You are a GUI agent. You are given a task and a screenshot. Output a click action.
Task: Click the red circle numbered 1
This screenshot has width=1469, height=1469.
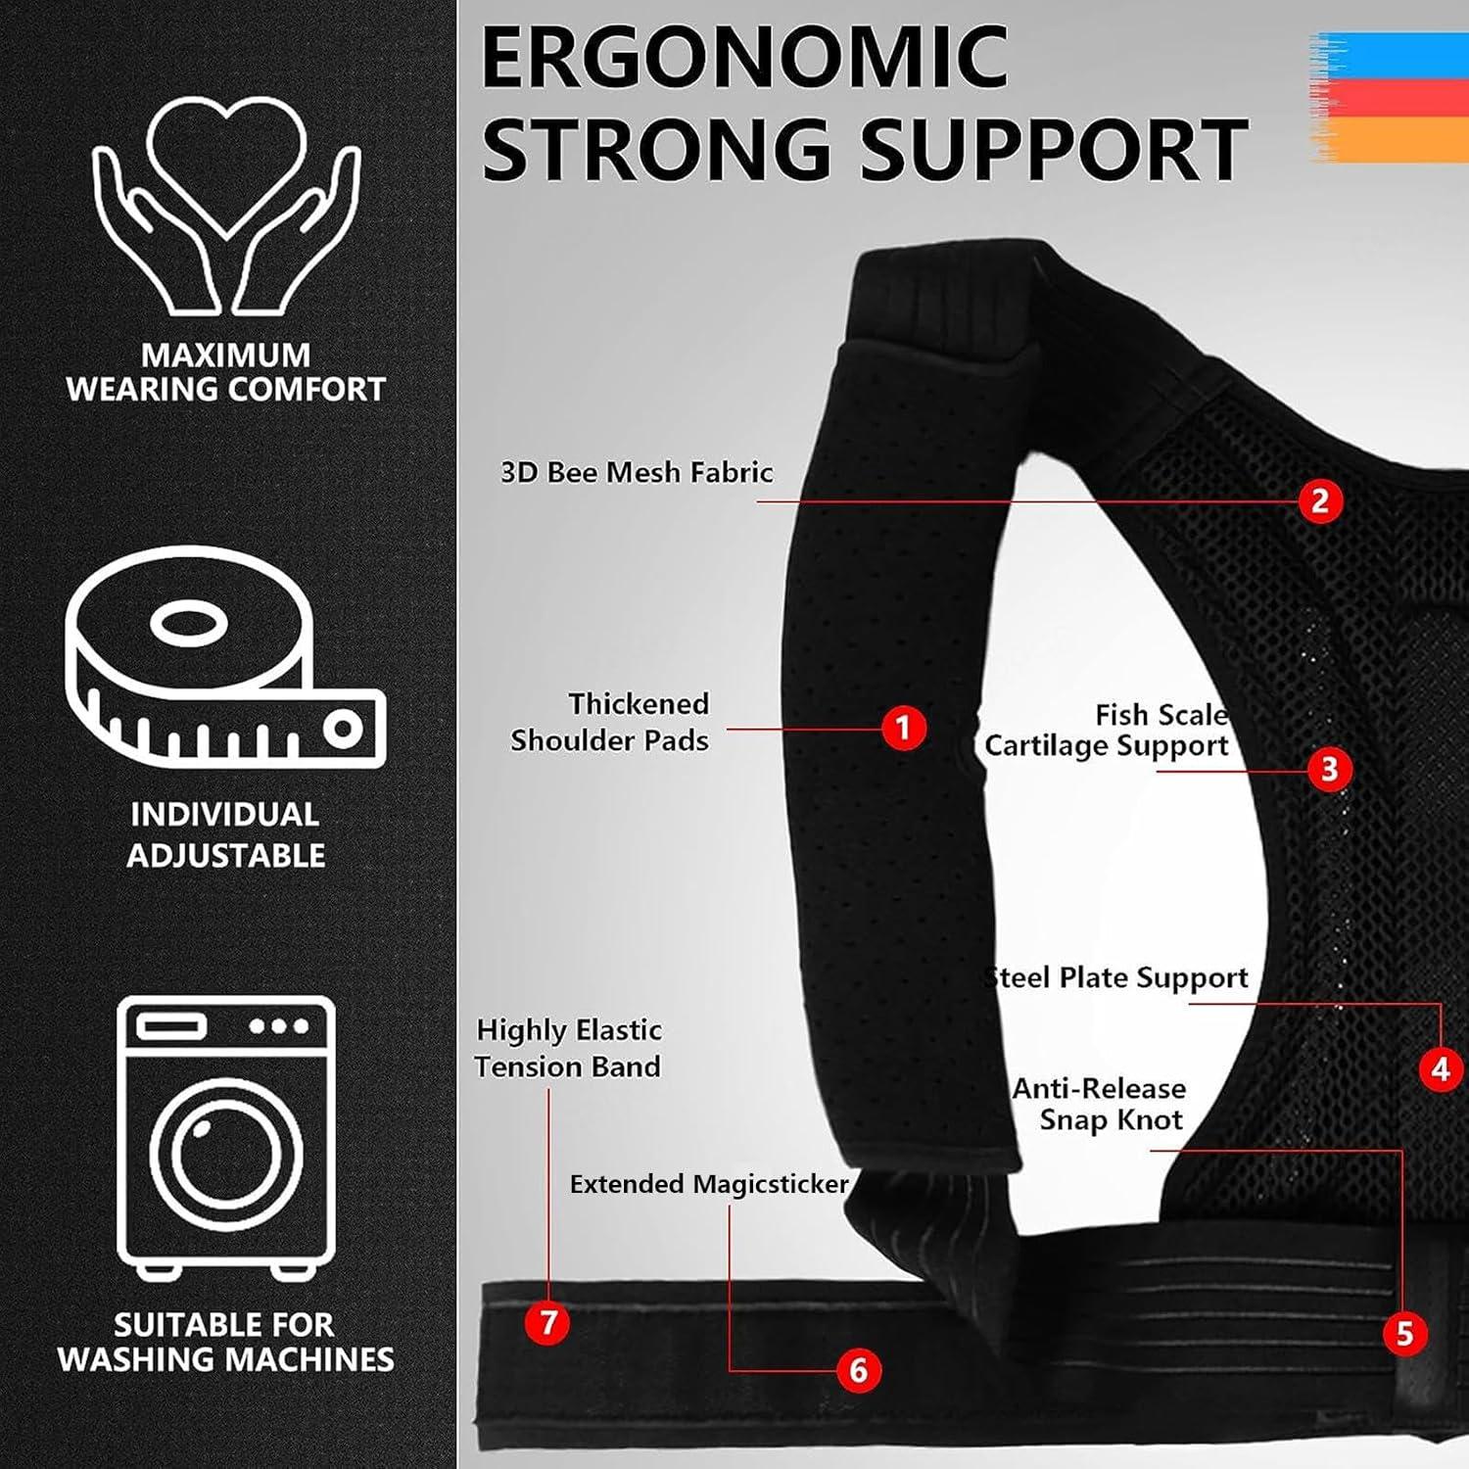click(903, 729)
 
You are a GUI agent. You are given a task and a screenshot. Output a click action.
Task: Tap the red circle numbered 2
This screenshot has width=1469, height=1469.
click(1320, 500)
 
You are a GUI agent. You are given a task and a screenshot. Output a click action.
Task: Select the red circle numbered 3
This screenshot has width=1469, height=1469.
click(1329, 769)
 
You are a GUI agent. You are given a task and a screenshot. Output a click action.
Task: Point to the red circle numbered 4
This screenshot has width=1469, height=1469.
click(1440, 1068)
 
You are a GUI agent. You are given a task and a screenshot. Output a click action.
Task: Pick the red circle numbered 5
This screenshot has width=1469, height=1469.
click(1404, 1333)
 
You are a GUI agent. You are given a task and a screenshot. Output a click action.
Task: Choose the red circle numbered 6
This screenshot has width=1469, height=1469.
click(858, 1369)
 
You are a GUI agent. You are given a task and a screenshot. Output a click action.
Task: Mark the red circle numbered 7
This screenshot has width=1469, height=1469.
click(547, 1322)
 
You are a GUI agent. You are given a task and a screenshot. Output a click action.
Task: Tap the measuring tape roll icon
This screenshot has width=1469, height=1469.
click(226, 657)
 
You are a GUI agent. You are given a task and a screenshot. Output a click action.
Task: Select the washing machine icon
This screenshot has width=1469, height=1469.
click(226, 1137)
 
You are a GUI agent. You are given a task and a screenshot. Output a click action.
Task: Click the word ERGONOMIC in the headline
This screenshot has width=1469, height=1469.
click(744, 58)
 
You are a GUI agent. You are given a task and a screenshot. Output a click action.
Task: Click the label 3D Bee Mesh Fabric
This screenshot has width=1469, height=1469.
click(637, 472)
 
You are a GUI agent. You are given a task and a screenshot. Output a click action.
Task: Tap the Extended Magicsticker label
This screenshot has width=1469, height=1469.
click(709, 1184)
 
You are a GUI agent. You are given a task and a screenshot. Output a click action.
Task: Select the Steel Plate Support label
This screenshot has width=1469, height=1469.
click(1115, 978)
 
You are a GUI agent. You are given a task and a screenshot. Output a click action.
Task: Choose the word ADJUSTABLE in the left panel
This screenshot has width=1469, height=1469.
click(226, 855)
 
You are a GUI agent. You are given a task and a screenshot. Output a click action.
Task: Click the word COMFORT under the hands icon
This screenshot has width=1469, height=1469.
click(306, 389)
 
